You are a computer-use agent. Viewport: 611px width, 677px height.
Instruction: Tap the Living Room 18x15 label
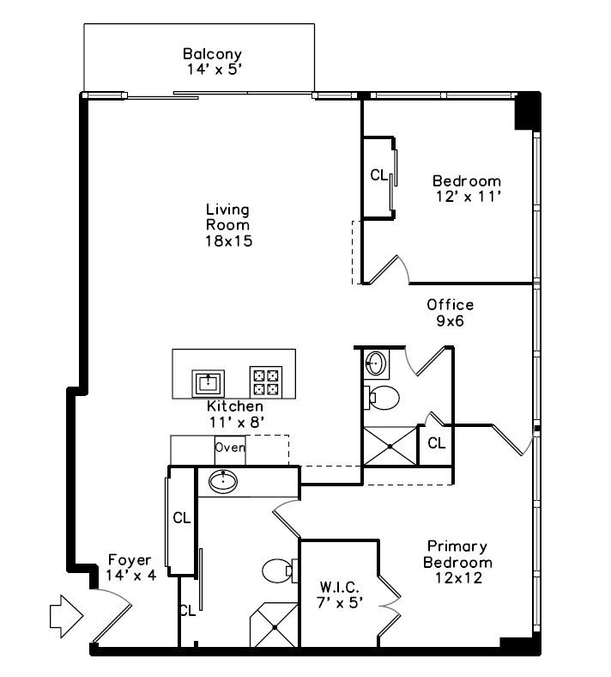click(x=228, y=225)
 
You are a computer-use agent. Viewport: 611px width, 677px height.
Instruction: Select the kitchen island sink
click(x=209, y=383)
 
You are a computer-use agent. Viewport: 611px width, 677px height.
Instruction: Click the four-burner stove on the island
click(x=266, y=382)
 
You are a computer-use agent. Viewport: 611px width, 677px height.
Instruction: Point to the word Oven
click(x=230, y=448)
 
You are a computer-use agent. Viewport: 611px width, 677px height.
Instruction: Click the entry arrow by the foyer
click(x=66, y=617)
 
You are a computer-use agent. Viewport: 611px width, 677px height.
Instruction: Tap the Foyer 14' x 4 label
click(x=130, y=567)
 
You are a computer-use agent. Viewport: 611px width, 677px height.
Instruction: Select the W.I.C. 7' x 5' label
click(x=339, y=595)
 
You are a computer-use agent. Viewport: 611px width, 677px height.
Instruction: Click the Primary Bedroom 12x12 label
click(x=457, y=562)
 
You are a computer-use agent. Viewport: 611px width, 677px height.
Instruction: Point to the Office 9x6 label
click(x=451, y=313)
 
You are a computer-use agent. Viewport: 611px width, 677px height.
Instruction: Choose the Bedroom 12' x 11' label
click(x=467, y=188)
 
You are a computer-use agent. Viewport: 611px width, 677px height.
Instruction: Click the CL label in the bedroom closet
click(x=378, y=175)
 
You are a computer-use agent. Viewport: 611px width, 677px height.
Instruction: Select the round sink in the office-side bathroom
click(x=376, y=363)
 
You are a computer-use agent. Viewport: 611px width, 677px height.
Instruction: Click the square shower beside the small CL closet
click(x=390, y=446)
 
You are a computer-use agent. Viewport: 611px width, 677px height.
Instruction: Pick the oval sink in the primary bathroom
click(x=223, y=481)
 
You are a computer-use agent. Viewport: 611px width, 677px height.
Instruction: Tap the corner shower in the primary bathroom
click(x=275, y=625)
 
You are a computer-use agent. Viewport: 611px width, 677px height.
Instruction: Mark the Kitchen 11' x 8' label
click(x=235, y=413)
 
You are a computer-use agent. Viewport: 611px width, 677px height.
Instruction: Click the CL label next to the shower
click(x=436, y=443)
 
